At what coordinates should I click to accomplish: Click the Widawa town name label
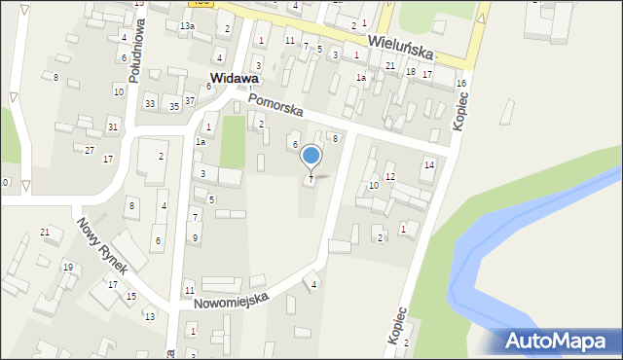point(234,79)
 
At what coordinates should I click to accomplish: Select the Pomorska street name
point(275,105)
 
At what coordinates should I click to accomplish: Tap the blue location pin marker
point(311,157)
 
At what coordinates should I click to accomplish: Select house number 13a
point(186,25)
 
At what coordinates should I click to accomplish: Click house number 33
point(149,103)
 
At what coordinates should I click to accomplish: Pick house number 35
point(173,105)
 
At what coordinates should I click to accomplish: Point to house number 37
point(190,100)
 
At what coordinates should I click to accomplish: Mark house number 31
point(113,126)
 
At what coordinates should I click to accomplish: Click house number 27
point(90,149)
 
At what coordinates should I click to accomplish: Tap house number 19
point(67,266)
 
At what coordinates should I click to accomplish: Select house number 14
point(428,164)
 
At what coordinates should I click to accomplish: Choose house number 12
point(389,176)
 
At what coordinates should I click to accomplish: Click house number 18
point(411,72)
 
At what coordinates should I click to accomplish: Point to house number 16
point(460,84)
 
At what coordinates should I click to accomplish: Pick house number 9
point(196,237)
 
